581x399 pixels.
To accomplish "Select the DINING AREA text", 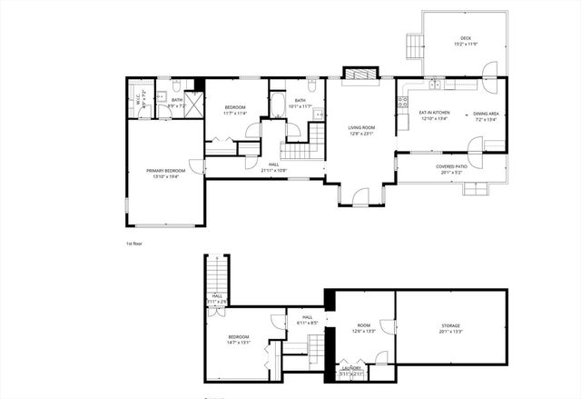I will pyautogui.click(x=486, y=114).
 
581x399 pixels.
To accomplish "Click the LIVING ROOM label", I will pyautogui.click(x=362, y=128).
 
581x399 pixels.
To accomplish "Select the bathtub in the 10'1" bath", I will pyautogui.click(x=276, y=107).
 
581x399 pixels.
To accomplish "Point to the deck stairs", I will pyautogui.click(x=414, y=43).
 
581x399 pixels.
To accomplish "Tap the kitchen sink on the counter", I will pyautogui.click(x=436, y=85).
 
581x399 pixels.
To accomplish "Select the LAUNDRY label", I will pyautogui.click(x=351, y=368).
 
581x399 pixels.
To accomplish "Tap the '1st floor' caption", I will pyautogui.click(x=134, y=243).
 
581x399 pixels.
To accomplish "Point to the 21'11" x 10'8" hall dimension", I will pyautogui.click(x=273, y=170).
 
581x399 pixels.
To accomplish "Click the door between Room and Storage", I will pyautogui.click(x=392, y=325).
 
